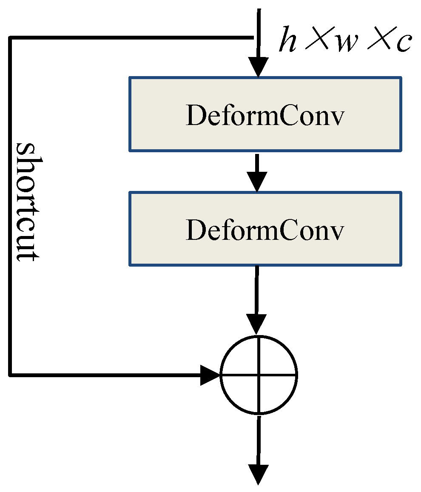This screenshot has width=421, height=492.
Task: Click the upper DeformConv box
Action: [265, 114]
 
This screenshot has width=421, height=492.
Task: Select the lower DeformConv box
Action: [265, 229]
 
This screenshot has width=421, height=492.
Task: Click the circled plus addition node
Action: [259, 375]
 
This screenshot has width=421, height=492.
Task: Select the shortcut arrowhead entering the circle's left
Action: [210, 375]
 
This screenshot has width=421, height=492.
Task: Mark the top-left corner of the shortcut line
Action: [10, 38]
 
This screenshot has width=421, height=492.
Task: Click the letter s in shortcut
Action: [28, 151]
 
